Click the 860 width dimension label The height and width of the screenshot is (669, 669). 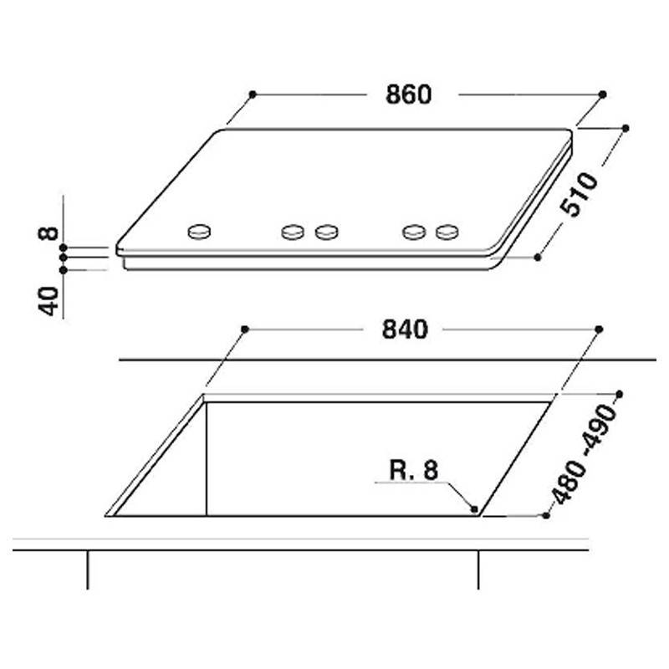pos(408,94)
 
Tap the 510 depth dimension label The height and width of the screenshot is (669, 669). pos(579,195)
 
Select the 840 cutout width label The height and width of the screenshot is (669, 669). pos(405,329)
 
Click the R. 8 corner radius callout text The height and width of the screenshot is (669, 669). pos(414,470)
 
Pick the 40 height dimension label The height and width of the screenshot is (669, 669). pos(49,301)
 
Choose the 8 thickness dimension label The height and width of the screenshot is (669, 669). pos(49,233)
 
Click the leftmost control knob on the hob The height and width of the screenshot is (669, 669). pos(199,232)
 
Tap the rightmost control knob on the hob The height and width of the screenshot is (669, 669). pos(447,232)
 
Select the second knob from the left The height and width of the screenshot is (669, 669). pos(293,232)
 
